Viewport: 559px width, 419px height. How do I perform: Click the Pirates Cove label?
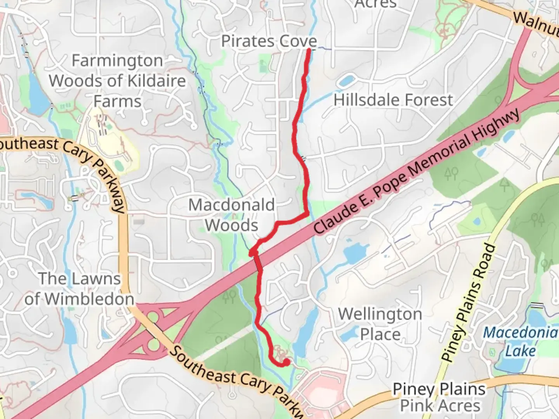pos(269,41)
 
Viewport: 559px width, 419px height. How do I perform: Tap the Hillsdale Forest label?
pos(393,100)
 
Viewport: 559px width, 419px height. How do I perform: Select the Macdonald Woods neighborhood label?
pos(232,215)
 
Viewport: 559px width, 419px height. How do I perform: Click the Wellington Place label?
pos(380,324)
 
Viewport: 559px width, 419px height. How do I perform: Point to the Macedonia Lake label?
pos(520,341)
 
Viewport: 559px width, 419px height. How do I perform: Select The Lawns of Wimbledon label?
pos(80,289)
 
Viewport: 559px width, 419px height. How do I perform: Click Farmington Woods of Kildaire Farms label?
pos(117,81)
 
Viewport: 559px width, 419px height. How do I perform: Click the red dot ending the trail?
pos(286,362)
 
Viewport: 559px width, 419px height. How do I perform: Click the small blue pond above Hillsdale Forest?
pos(345,81)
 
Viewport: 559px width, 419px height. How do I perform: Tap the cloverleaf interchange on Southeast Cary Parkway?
pos(153,330)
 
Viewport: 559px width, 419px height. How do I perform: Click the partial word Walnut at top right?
pos(536,23)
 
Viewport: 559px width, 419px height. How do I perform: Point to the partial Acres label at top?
pos(375,4)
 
